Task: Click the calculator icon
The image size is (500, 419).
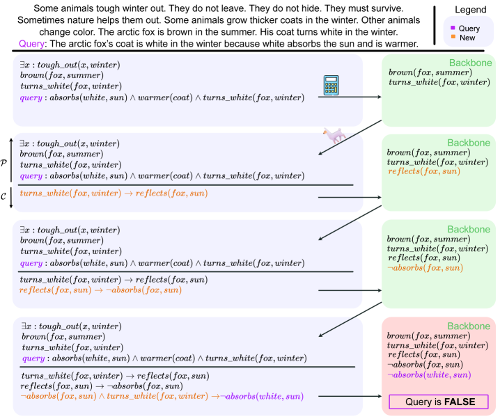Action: [x=332, y=86]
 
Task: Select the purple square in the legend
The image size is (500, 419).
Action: [x=453, y=29]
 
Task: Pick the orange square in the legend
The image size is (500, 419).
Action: [x=453, y=38]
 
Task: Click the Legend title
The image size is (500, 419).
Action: [x=471, y=11]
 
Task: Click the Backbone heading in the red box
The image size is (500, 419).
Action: [x=469, y=325]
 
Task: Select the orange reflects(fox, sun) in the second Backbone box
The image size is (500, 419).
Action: [x=423, y=171]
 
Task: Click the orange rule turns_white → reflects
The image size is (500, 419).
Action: [x=114, y=193]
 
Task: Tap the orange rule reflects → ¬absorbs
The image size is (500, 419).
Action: [x=100, y=290]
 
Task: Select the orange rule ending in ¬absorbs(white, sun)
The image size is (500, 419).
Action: [x=162, y=396]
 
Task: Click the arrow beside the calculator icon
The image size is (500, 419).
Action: [x=349, y=97]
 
